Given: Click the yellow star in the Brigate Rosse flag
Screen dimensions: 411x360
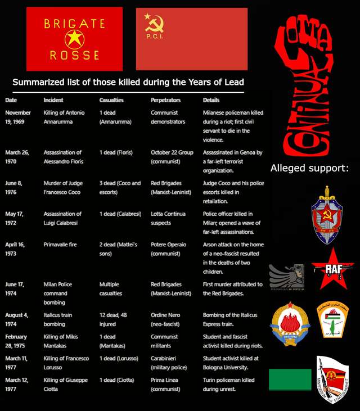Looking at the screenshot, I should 74,39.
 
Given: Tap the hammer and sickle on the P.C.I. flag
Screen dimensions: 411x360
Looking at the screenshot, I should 150,24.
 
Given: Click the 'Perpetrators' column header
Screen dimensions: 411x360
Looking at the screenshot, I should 165,100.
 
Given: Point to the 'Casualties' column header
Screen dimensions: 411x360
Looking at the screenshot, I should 111,100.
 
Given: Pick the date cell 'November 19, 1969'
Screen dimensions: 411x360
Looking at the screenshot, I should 18,117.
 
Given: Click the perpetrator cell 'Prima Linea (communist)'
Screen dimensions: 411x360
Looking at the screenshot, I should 166,384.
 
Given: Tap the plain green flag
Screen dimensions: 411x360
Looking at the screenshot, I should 290,380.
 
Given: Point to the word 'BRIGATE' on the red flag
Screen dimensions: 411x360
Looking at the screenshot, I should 74,24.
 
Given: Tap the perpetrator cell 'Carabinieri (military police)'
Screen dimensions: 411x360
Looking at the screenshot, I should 167,363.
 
